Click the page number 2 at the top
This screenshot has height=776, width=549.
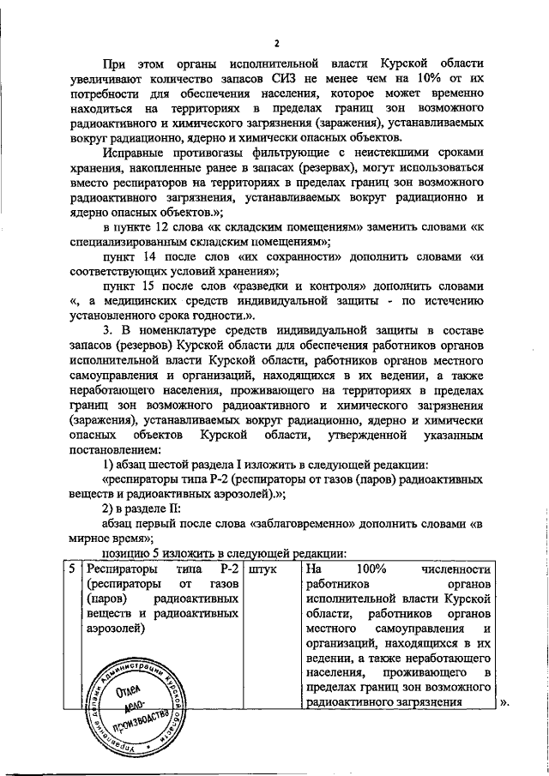coord(276,43)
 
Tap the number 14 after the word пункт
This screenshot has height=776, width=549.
coord(152,256)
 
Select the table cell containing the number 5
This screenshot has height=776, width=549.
coord(75,568)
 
